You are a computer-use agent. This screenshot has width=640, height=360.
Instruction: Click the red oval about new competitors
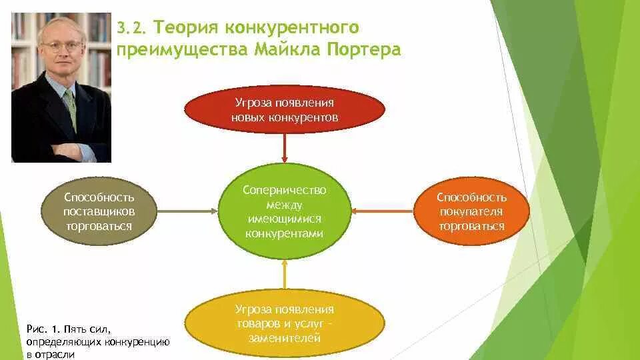point(285,109)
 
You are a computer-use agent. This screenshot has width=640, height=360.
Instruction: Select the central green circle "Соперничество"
point(285,211)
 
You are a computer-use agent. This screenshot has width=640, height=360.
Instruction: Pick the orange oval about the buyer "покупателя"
point(471,211)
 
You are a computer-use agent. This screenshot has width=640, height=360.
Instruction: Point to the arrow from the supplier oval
point(188,211)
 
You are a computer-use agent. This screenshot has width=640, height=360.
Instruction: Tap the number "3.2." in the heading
point(131,28)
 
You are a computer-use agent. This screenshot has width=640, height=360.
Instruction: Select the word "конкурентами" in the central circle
point(284,234)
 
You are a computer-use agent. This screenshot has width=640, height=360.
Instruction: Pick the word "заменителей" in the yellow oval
point(285,338)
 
